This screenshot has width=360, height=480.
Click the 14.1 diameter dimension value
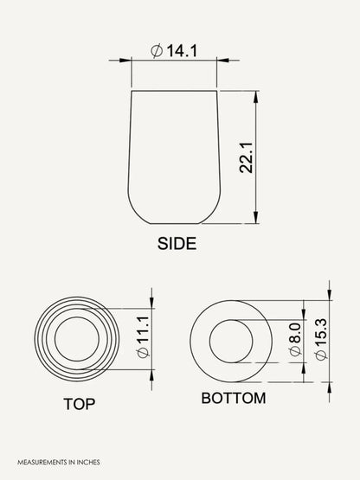[182, 51]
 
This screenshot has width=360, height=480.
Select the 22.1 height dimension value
[246, 157]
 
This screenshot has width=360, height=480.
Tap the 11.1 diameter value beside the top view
[143, 330]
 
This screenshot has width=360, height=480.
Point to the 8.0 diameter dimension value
[296, 333]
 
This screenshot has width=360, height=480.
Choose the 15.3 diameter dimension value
[321, 333]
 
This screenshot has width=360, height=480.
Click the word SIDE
[177, 244]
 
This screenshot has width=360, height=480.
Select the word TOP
[80, 404]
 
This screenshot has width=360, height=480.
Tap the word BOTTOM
[234, 398]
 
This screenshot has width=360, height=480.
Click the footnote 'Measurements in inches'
[59, 462]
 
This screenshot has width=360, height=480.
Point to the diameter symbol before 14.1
[157, 51]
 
